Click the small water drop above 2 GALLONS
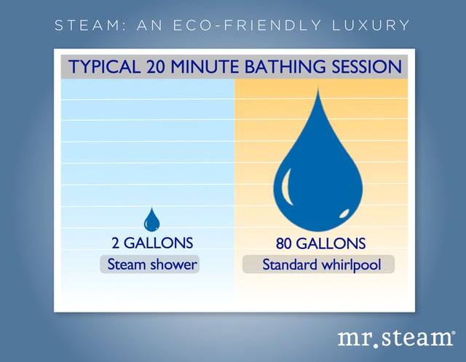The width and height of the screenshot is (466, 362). (x=152, y=221)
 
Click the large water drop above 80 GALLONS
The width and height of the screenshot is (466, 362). (x=318, y=167)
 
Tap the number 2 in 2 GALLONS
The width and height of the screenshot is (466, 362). (x=116, y=243)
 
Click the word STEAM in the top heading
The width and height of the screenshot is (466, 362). (x=87, y=25)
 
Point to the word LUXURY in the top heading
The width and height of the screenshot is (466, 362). (x=371, y=25)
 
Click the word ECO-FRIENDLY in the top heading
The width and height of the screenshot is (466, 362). (x=248, y=25)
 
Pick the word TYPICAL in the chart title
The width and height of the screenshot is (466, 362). (x=104, y=66)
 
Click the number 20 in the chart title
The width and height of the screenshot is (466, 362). (x=155, y=66)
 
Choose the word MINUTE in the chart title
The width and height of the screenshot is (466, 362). (x=205, y=66)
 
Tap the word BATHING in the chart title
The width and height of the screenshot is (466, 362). (x=285, y=66)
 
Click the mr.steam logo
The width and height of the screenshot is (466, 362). (x=396, y=338)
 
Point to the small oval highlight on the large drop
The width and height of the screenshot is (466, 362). (x=344, y=213)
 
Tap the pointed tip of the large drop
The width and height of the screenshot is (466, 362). (x=318, y=88)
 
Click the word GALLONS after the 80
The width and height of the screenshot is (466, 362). (x=331, y=244)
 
